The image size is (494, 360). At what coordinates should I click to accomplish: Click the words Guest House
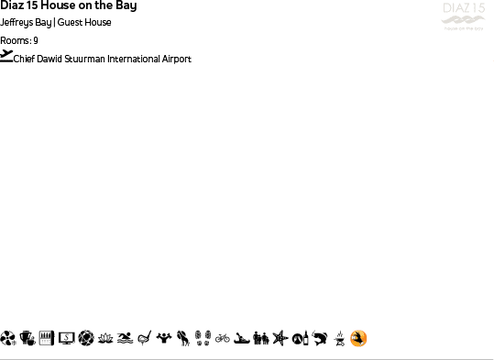click(84, 23)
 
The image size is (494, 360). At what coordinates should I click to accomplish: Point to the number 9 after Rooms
click(36, 40)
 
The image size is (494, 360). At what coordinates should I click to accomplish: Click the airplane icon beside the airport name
click(7, 56)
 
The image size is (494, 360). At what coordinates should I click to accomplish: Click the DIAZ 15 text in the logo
click(463, 9)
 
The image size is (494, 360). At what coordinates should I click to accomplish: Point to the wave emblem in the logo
click(463, 21)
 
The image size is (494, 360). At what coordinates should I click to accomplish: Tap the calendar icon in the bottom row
click(46, 339)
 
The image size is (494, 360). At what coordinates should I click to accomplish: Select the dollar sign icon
click(66, 339)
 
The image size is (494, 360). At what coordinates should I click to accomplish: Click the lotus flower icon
click(105, 339)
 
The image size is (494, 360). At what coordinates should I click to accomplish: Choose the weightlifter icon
click(164, 339)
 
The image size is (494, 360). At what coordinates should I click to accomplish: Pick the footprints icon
click(203, 339)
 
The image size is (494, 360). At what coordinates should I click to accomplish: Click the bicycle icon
click(222, 339)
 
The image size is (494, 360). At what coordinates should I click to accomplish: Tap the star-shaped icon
click(280, 339)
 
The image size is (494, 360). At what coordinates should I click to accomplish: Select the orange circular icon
click(358, 339)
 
